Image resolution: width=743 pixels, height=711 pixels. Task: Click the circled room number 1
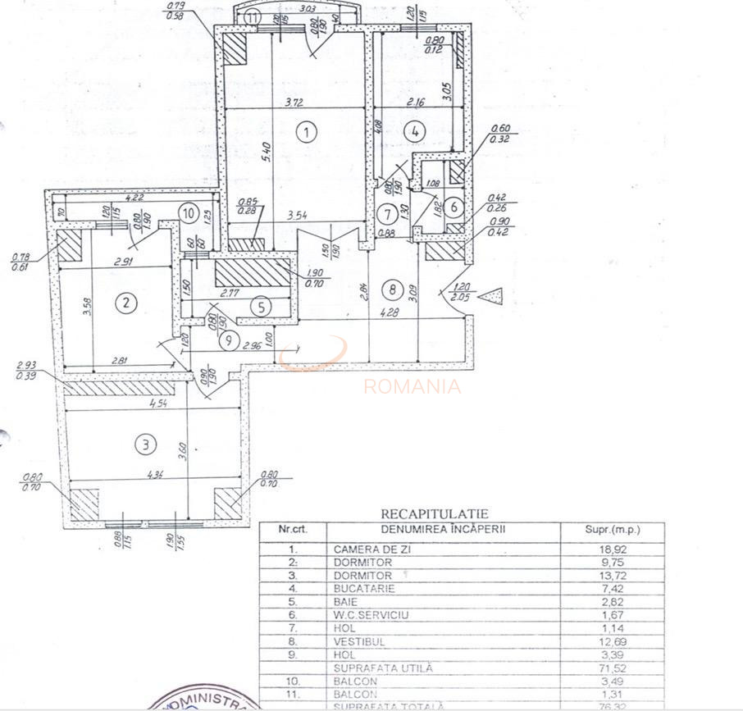(x=306, y=131)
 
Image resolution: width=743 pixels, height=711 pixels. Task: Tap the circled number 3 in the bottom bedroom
(x=144, y=445)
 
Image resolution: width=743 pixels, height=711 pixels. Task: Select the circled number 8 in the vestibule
(x=393, y=289)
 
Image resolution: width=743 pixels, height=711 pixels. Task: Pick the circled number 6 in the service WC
(x=456, y=207)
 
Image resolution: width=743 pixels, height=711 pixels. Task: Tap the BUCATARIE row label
(x=364, y=589)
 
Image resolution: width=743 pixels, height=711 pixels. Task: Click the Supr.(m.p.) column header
(x=611, y=530)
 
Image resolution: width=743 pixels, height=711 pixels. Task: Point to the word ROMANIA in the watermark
(x=413, y=387)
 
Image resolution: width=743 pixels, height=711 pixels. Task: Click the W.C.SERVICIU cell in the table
(x=371, y=615)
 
